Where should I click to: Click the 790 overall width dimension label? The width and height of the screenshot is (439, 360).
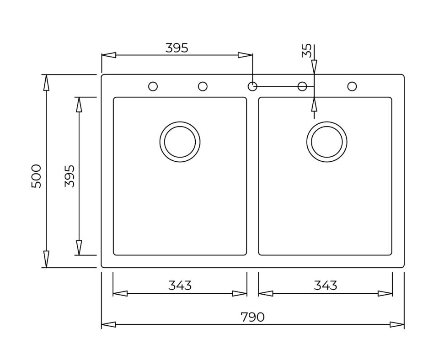(252, 317)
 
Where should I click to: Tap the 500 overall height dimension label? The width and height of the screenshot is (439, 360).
(37, 176)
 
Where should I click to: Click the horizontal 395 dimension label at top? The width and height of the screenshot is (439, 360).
(177, 48)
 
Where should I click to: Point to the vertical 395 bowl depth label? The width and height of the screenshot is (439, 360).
(70, 176)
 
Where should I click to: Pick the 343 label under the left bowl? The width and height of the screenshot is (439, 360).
(180, 286)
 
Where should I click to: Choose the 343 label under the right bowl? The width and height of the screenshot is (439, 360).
(325, 286)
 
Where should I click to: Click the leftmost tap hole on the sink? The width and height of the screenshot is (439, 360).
(153, 86)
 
